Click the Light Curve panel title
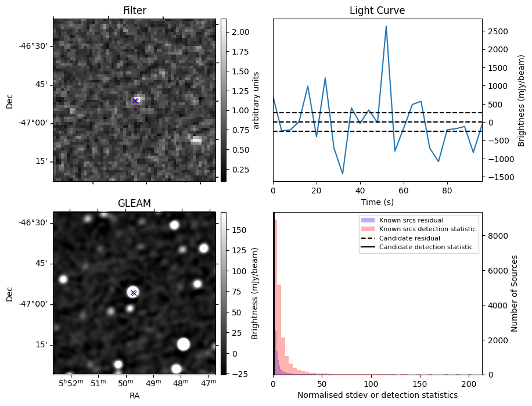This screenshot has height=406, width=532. (377, 10)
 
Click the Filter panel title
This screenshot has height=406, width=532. (134, 10)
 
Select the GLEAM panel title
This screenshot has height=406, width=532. (134, 203)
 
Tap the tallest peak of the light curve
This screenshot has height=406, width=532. (386, 26)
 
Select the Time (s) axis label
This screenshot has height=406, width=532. (377, 201)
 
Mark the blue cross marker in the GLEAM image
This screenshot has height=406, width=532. (134, 292)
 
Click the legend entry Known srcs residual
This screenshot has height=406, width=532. (411, 221)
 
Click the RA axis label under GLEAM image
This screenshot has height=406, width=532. (134, 396)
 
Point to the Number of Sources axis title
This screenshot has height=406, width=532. (515, 293)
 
